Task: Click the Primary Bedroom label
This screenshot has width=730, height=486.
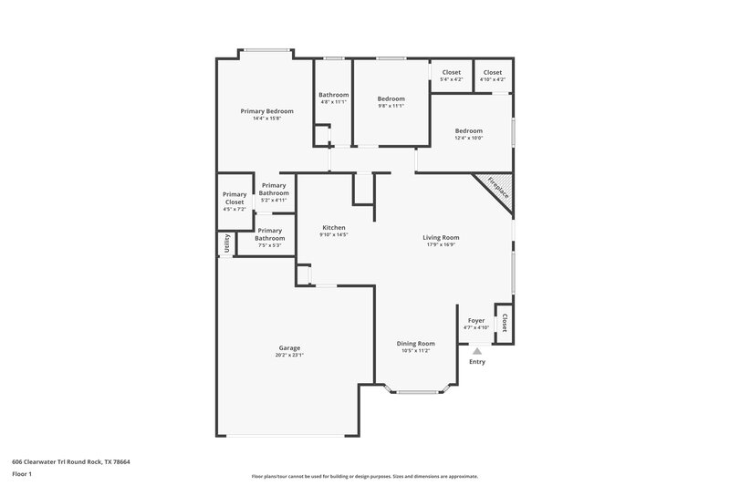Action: [266, 111]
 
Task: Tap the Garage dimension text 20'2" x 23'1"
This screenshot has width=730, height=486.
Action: [289, 356]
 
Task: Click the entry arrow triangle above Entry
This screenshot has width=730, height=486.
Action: [476, 349]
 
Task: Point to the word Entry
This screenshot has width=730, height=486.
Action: [476, 362]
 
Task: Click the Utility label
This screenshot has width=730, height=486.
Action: [225, 244]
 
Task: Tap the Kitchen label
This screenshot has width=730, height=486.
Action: [333, 227]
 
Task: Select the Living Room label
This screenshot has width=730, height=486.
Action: [441, 238]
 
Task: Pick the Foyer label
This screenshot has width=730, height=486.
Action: [476, 321]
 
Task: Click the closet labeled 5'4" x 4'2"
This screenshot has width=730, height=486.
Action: [452, 72]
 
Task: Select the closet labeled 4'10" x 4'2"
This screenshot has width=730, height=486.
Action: [493, 72]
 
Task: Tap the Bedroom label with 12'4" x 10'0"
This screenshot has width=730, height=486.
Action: [469, 130]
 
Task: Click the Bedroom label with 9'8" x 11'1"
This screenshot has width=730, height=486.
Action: [391, 98]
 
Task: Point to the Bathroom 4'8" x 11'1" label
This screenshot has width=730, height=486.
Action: [333, 95]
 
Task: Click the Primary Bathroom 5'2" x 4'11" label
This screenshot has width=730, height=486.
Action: [274, 189]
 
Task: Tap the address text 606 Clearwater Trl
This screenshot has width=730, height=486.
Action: [71, 462]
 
